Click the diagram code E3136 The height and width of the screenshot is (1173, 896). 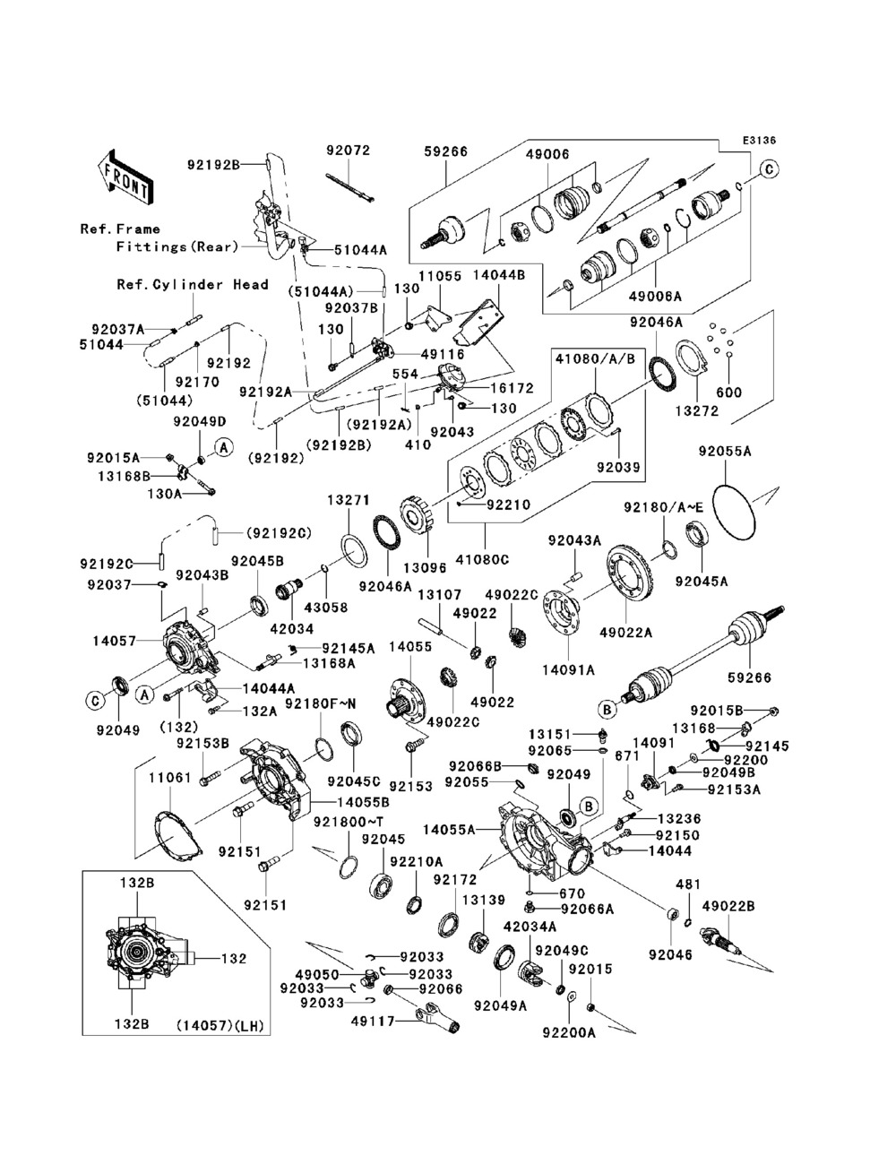point(759,141)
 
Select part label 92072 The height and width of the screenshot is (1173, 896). point(349,151)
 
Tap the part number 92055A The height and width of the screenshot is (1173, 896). point(725,452)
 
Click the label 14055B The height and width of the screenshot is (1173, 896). point(362,802)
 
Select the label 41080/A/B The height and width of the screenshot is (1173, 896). point(595,359)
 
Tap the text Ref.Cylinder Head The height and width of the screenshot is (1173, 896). point(193,284)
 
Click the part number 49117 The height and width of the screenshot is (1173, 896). point(373,1022)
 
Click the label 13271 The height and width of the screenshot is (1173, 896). point(349,500)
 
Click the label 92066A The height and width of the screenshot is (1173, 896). point(587,909)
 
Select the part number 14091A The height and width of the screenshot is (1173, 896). point(568,669)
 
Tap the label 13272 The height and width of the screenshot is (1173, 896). point(697,411)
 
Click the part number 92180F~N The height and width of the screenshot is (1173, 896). point(320,704)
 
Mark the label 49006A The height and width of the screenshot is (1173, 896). point(656,296)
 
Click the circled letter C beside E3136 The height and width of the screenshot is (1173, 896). point(768,169)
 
